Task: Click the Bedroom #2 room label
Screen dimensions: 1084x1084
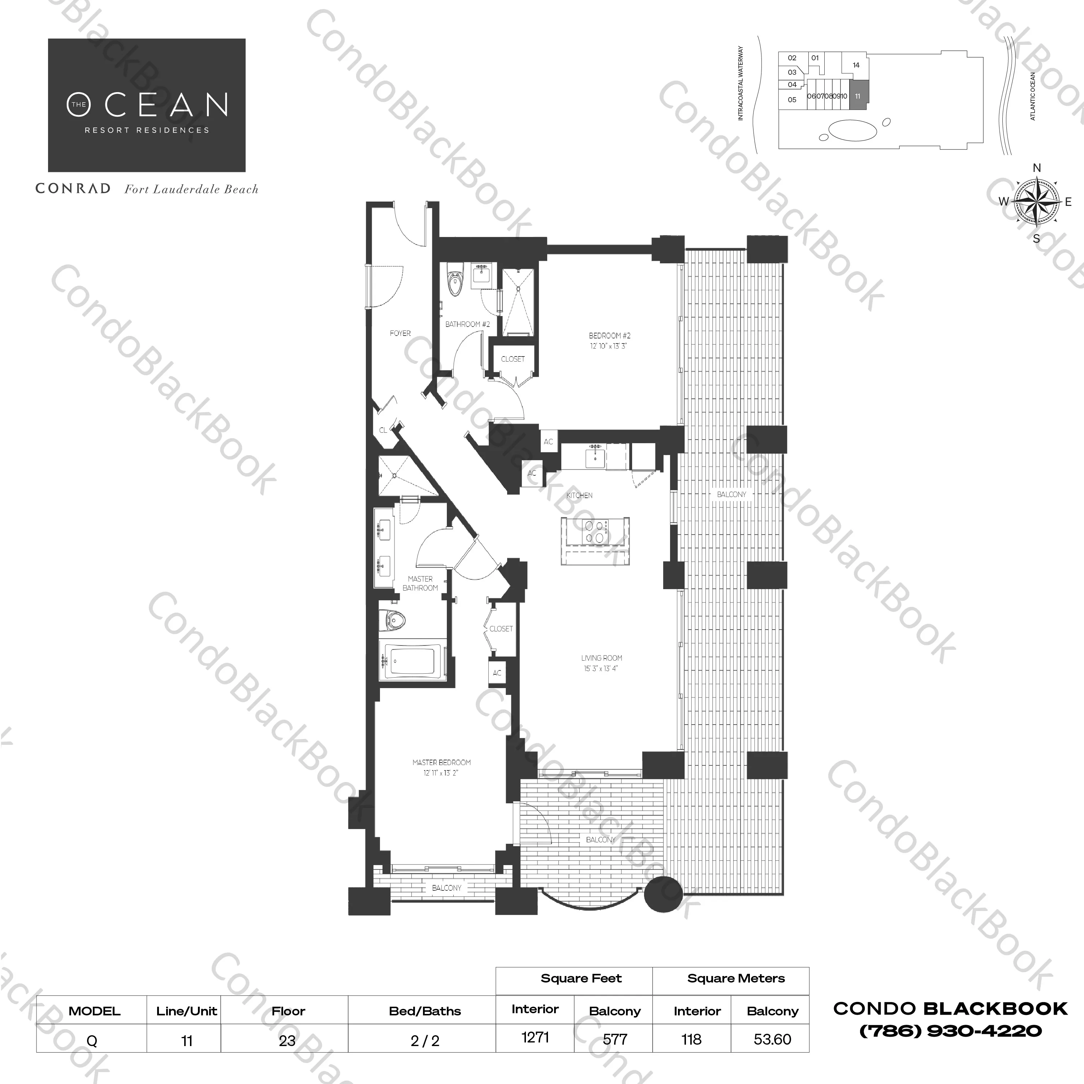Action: coord(609,336)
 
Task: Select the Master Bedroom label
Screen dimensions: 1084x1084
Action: coord(441,763)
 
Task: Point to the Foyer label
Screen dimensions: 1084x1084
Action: coord(400,333)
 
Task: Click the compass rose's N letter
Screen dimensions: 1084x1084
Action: coord(1037,168)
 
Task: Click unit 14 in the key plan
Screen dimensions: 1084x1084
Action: coord(856,65)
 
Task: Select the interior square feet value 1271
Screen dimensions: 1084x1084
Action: coord(535,1037)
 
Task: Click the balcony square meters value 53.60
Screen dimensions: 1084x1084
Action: coord(773,1039)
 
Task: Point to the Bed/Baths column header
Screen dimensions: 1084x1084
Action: coord(425,1011)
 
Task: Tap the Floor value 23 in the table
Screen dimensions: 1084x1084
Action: coord(287,1041)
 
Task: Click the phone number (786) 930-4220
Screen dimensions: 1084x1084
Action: coord(950,1031)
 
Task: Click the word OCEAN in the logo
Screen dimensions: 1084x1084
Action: coord(167,104)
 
